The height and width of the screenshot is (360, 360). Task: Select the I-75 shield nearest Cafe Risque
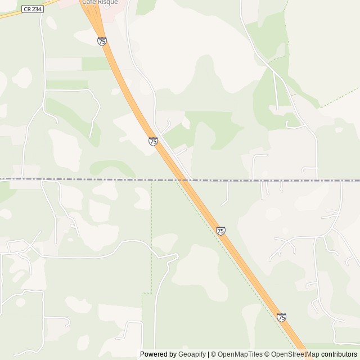[x=102, y=41]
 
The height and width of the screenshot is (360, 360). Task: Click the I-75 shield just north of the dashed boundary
[x=153, y=141]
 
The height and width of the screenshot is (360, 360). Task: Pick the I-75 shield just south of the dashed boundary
[x=220, y=231]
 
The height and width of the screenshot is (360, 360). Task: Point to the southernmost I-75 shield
[x=281, y=317]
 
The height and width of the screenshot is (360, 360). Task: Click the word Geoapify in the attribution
[x=192, y=354]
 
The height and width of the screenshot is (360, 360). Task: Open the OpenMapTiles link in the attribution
[x=239, y=354]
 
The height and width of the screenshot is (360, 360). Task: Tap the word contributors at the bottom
[x=339, y=354]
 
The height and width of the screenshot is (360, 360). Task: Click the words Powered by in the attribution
[x=158, y=354]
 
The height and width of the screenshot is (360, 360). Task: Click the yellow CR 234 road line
[x=11, y=14]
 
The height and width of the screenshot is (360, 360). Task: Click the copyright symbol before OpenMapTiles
[x=213, y=354]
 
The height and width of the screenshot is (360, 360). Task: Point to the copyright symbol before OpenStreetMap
[x=268, y=354]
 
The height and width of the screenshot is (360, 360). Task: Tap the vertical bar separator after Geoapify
[x=208, y=354]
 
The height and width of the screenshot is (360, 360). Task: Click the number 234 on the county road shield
[x=37, y=10]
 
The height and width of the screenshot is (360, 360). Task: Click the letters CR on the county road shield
[x=28, y=10]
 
